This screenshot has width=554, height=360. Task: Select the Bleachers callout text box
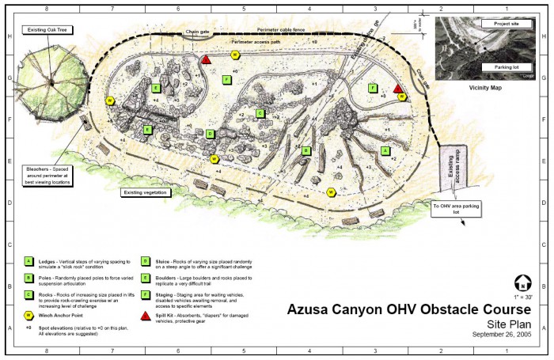point(49,175)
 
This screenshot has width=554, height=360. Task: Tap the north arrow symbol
point(522,282)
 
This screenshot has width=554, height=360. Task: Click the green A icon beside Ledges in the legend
point(29,260)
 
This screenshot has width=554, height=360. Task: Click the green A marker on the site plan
point(385,150)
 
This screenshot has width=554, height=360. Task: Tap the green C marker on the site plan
point(260,113)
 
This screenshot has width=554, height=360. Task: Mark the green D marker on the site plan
point(210,134)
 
